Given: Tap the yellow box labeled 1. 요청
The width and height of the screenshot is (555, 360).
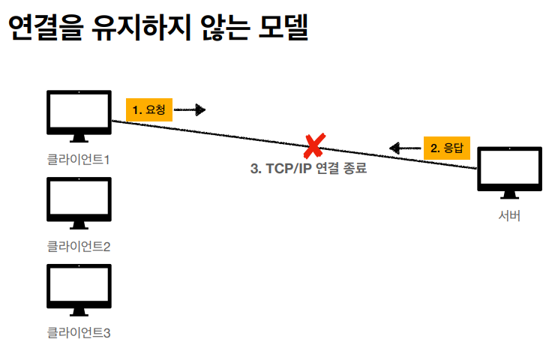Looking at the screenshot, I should pos(148,110).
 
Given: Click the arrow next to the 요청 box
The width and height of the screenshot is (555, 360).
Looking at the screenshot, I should pos(190,110).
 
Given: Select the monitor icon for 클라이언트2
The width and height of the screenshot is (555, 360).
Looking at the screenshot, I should pos(79,200).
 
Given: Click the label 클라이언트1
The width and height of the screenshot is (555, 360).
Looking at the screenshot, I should pos(79,160).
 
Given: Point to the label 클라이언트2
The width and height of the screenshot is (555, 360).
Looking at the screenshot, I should pos(79,245).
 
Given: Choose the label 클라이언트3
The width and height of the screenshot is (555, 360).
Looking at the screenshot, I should pos(79,331).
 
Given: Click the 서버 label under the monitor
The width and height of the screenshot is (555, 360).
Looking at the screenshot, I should pos(509,216).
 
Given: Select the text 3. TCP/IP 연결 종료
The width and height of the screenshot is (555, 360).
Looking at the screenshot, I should pos(308,169).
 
